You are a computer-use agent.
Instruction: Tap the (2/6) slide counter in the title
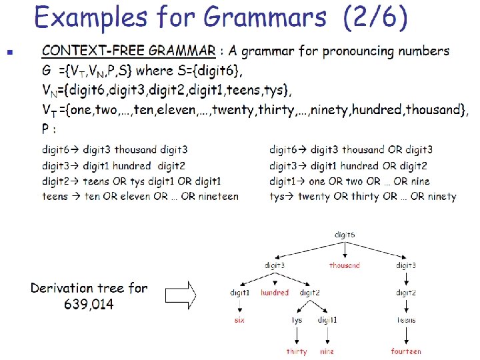pos(375,18)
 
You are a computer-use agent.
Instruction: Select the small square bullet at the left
pos(9,51)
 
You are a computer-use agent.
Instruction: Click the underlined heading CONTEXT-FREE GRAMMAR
pos(129,51)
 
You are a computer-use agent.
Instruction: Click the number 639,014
pos(89,305)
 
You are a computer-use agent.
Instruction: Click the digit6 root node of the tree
pos(345,234)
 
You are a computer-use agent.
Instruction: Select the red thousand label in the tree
pos(344,265)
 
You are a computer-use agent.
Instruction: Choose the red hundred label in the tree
pos(275,292)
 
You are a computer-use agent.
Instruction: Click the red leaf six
pos(239,320)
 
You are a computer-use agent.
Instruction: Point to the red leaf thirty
pos(297,351)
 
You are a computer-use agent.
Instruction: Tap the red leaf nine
pos(327,351)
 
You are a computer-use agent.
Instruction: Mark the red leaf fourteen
pos(406,351)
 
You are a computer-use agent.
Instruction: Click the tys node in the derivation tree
pos(297,320)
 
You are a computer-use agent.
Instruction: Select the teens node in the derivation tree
pos(406,320)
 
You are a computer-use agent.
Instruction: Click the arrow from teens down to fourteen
pos(406,335)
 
